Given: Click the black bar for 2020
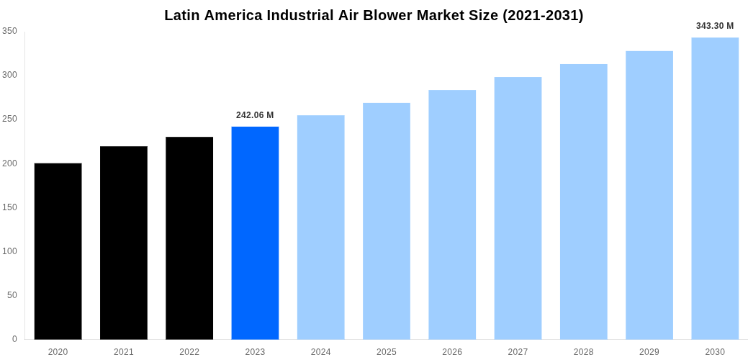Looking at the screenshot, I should coord(58,251).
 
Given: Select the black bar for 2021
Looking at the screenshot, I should coord(124,243).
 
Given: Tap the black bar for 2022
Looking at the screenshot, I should coord(189,238).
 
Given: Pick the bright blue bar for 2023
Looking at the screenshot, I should coord(255,233).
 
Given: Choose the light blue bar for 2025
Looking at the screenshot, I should coord(387,221).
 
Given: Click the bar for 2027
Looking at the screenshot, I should coord(518,208).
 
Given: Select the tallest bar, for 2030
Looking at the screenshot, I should coord(715,189).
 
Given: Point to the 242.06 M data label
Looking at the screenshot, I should coord(255,115).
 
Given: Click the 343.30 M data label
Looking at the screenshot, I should coord(715,26).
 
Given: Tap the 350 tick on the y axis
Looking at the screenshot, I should coord(9,31).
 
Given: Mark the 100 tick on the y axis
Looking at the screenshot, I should coord(9,251).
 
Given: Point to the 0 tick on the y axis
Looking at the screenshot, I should coord(14,339).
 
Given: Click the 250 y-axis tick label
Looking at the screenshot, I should coord(9,119).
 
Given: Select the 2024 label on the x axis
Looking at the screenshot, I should coord(320,352).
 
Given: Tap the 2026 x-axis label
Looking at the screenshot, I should coord(452,352).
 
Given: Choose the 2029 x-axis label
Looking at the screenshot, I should coord(649,352).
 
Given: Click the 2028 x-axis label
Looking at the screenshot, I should coord(583,352).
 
